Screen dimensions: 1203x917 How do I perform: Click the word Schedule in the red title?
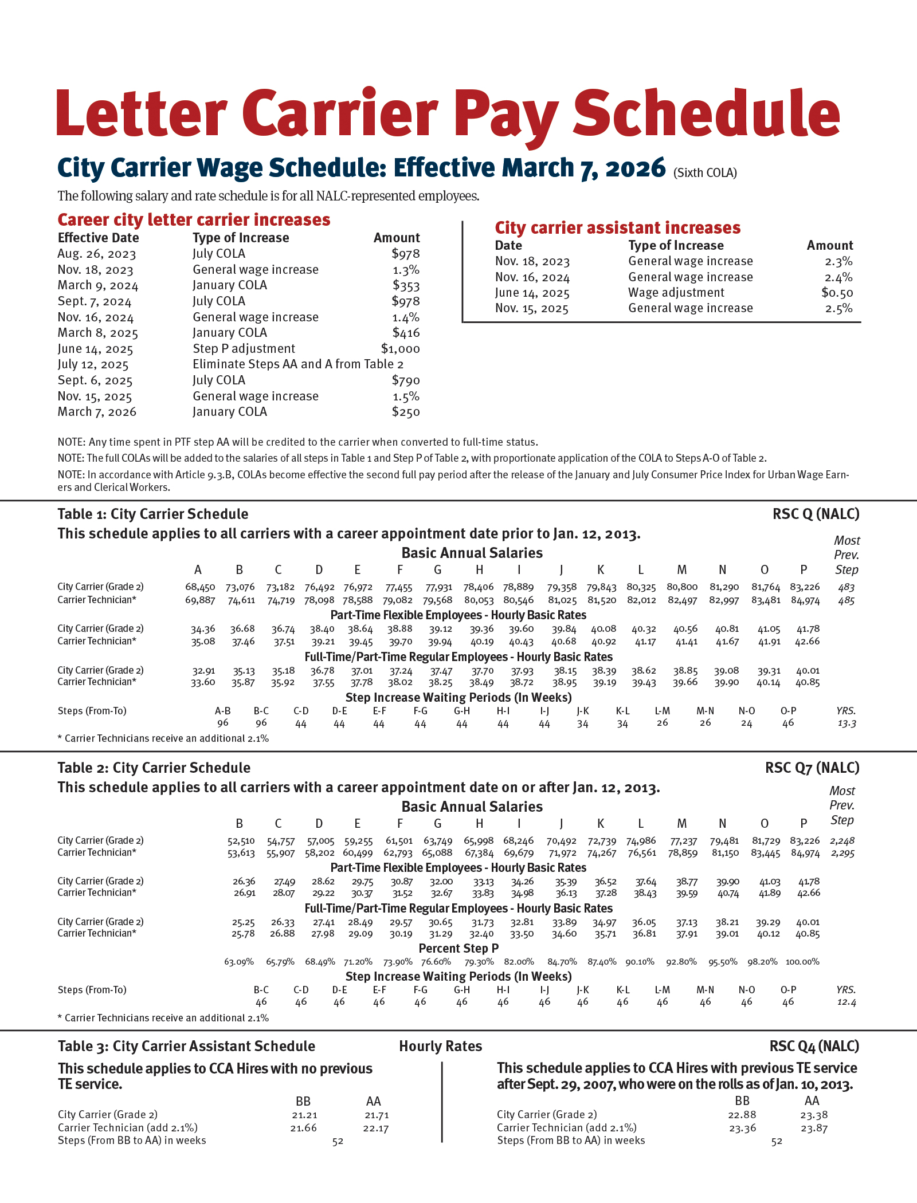coord(706,113)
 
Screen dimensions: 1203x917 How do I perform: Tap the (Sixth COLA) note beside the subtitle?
coord(705,173)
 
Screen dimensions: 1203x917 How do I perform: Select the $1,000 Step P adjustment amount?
coord(400,349)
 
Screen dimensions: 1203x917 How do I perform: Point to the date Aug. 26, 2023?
coord(97,254)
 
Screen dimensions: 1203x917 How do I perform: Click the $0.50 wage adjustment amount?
coord(837,293)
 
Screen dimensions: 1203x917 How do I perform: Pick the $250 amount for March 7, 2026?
coord(406,412)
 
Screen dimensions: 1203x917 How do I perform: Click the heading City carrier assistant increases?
coord(617,228)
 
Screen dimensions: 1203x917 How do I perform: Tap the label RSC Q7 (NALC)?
coord(812,768)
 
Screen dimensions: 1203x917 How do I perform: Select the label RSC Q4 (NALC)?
coord(814,1046)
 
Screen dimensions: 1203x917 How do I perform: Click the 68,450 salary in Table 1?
coord(199,587)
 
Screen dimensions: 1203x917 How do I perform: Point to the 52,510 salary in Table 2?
coord(241,841)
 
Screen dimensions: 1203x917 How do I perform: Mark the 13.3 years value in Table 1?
coord(847,724)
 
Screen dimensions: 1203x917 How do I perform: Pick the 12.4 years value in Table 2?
coord(847,1002)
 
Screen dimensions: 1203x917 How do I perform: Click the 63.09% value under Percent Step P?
coord(238,962)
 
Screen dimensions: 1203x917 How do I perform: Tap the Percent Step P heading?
coord(458,948)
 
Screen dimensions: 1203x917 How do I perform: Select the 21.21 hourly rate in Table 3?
coord(304,1115)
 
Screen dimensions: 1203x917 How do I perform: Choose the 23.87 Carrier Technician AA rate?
coord(814,1129)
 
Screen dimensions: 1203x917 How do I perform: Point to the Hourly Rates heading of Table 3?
coord(440,1046)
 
